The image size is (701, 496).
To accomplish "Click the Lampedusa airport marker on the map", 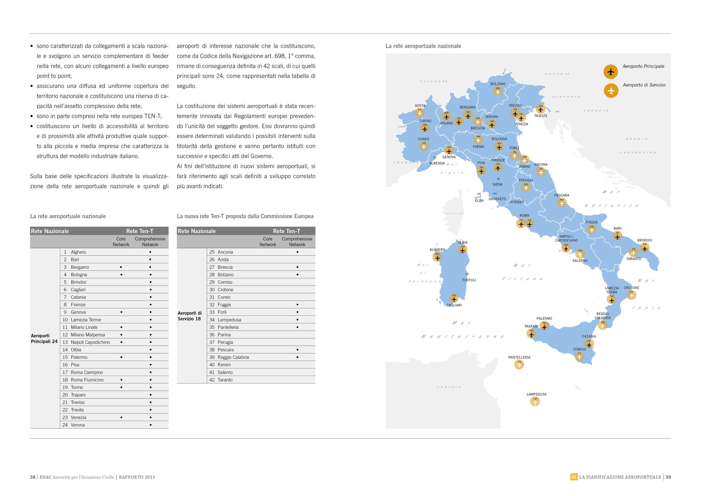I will [535, 401].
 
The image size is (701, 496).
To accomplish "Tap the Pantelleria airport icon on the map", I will [519, 364].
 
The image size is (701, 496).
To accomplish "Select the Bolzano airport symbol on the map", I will [498, 91].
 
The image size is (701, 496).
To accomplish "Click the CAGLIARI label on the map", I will [454, 305].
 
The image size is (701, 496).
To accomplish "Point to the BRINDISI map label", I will [644, 240].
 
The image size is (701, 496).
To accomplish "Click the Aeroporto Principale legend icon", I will [611, 72].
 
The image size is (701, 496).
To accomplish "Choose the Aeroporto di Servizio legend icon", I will [611, 91].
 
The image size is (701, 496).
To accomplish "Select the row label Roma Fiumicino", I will [87, 380].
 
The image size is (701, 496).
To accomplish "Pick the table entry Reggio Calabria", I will [233, 357].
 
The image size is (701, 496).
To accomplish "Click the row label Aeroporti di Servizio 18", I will [190, 316].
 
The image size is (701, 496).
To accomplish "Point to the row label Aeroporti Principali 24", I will [44, 338].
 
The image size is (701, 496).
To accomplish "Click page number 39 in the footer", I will [668, 477].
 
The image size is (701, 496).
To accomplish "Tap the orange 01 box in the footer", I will [574, 477].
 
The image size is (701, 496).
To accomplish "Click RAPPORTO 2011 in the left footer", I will [137, 477].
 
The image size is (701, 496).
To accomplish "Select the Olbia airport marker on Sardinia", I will [462, 250].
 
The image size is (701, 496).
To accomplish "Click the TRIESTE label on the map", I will [540, 116].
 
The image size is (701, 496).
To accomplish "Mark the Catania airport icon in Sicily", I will [589, 344].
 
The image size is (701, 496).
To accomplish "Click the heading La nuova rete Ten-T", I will [245, 216].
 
